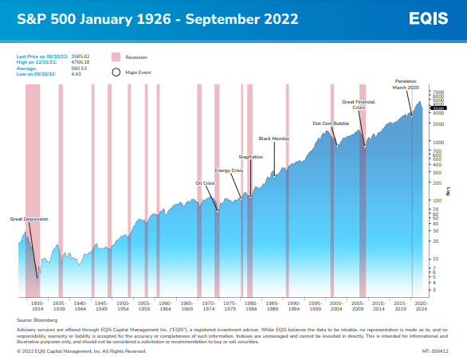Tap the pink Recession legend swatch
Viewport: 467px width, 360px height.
(x=116, y=57)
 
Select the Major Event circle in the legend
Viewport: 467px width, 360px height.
(x=116, y=71)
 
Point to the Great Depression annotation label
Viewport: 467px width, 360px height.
(x=28, y=217)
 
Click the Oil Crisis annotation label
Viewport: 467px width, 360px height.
(x=206, y=182)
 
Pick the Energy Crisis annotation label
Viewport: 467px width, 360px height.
(x=229, y=170)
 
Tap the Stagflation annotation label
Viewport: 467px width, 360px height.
(x=250, y=157)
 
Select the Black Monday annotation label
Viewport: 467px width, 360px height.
(x=274, y=139)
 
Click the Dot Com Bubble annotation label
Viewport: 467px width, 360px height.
(x=331, y=123)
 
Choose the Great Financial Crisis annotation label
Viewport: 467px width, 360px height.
(x=358, y=104)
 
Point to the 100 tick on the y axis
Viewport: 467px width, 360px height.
(x=437, y=201)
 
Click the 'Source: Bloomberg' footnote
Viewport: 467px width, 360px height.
(x=32, y=319)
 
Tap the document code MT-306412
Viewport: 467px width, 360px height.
(x=434, y=350)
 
